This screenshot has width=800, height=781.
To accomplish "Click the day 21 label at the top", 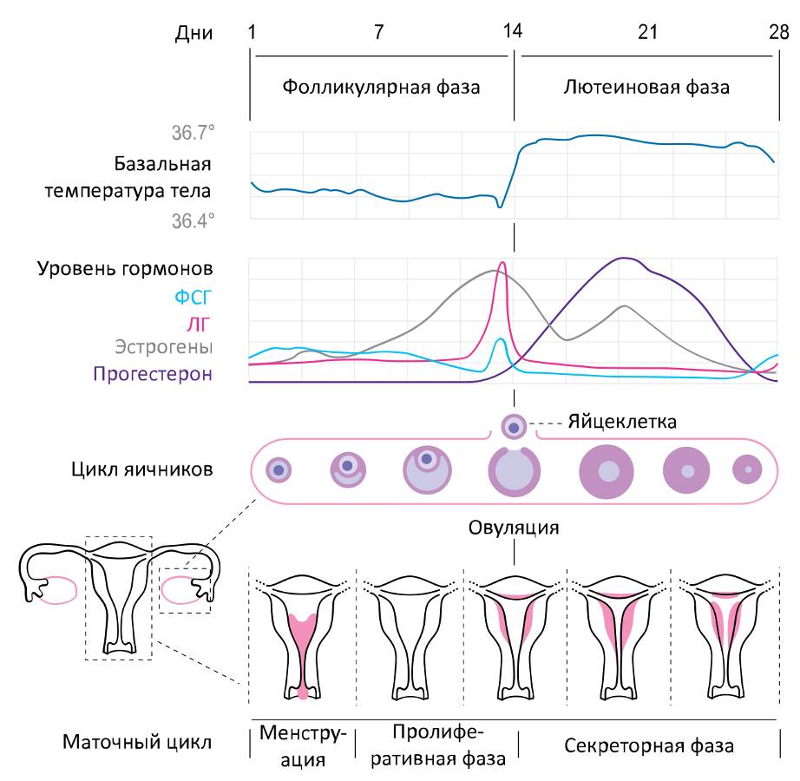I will tap(647, 33).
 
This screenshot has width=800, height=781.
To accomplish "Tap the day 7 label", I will tap(379, 33).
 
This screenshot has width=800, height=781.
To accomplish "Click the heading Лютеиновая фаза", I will tap(646, 88).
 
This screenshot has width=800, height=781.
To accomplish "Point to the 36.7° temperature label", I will tap(192, 134).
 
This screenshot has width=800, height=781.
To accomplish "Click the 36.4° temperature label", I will tap(192, 220).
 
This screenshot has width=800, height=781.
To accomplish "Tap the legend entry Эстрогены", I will tap(164, 348).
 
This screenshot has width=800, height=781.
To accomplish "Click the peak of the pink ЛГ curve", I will tap(502, 263).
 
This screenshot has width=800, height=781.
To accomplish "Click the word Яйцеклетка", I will tap(622, 423).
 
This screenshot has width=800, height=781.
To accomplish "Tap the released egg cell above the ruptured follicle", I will tap(515, 427).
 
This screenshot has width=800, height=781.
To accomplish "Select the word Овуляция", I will tap(515, 527).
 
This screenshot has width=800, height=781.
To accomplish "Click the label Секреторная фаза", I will tap(648, 745).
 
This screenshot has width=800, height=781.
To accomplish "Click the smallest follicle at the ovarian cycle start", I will tap(279, 469).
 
